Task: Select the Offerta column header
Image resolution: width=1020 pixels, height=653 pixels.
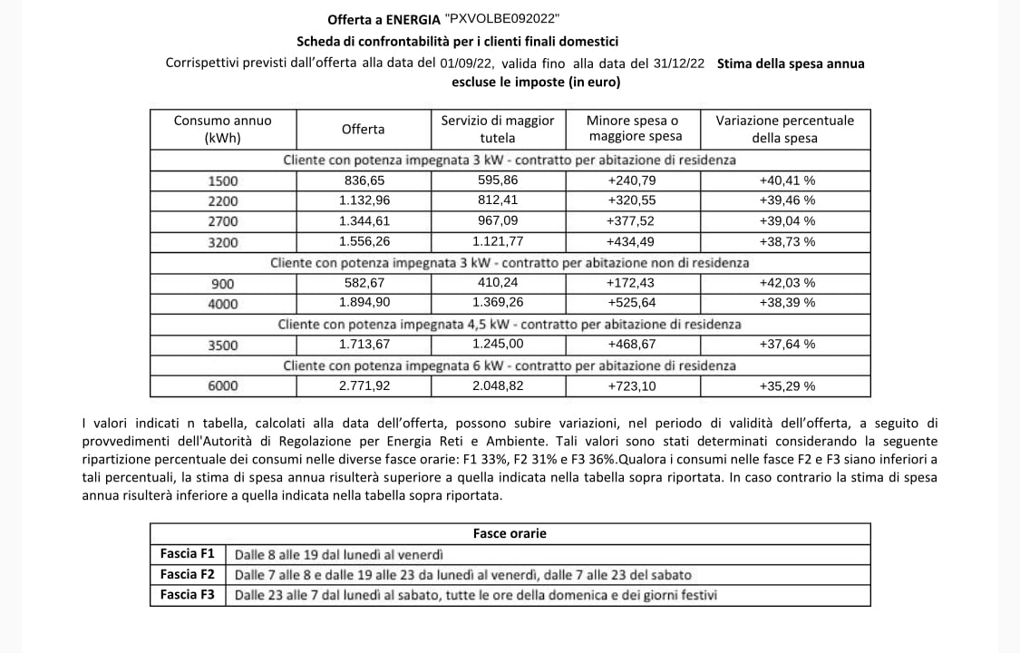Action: click(x=363, y=129)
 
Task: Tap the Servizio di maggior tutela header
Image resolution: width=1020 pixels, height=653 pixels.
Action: click(x=496, y=129)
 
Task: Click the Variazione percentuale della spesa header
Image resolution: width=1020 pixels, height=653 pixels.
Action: click(x=784, y=129)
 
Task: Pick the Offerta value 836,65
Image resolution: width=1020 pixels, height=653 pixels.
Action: click(x=363, y=180)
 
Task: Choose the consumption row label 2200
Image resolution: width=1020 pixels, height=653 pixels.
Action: click(x=223, y=200)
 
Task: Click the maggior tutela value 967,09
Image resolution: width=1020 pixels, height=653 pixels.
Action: click(x=497, y=220)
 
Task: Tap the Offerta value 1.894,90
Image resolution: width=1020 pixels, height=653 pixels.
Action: click(x=364, y=302)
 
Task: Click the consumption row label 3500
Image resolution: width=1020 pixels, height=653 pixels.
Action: click(x=223, y=345)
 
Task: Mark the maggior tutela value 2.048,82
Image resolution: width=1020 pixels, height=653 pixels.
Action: click(x=498, y=385)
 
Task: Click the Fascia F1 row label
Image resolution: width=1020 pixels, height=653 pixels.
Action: click(x=187, y=553)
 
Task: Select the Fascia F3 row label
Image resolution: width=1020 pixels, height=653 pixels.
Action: click(x=187, y=595)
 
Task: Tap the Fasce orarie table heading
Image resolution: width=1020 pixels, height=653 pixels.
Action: click(x=510, y=533)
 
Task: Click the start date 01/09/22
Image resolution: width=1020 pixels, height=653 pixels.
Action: click(x=467, y=63)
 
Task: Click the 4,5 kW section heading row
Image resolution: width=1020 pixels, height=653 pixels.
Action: click(x=510, y=324)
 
